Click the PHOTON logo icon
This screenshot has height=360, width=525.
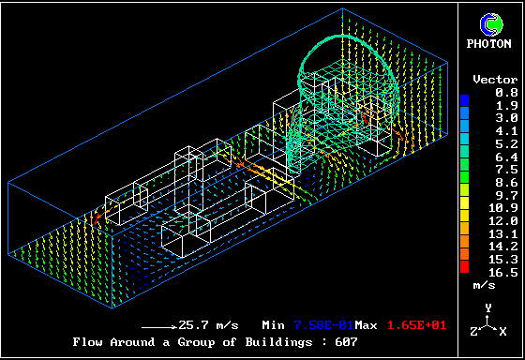point(491,24)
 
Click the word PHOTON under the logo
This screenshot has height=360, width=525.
point(488,43)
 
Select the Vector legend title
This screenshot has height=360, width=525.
point(495,80)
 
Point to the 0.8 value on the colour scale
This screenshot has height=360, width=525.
point(506,93)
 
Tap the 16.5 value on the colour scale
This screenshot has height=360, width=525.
point(502,272)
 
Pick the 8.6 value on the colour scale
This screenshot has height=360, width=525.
point(506,183)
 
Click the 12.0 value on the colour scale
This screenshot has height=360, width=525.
point(502,221)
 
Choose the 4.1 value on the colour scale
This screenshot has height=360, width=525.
point(506,131)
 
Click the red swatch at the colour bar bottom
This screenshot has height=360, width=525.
point(464,266)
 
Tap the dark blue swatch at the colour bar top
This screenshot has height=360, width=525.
point(464,101)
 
